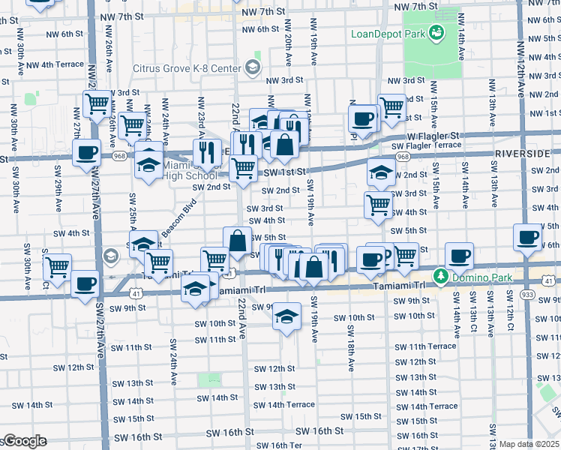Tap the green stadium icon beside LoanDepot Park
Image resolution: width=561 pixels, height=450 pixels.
click(x=434, y=33)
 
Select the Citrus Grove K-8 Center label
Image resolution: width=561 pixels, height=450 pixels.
click(x=186, y=68)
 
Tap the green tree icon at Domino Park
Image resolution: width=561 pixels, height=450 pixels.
click(x=442, y=278)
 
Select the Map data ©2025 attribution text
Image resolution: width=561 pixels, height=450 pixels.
click(x=529, y=444)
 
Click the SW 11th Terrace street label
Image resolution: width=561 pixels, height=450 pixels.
click(x=425, y=346)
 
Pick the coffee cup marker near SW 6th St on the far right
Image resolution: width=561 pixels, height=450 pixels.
click(x=527, y=238)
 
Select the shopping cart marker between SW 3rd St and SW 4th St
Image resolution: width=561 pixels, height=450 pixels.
click(x=379, y=205)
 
